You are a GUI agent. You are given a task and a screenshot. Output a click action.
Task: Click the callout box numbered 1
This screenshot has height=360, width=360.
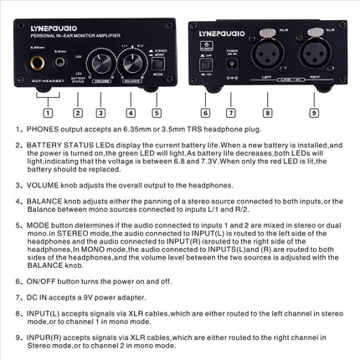47,112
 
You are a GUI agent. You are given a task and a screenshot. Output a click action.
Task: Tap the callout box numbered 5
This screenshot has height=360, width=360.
157,112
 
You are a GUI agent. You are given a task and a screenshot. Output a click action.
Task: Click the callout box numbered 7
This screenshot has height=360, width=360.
230,112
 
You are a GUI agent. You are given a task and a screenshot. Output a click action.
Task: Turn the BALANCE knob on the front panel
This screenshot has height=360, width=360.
130,64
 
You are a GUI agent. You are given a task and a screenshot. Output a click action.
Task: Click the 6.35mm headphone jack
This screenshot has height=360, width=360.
40,64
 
